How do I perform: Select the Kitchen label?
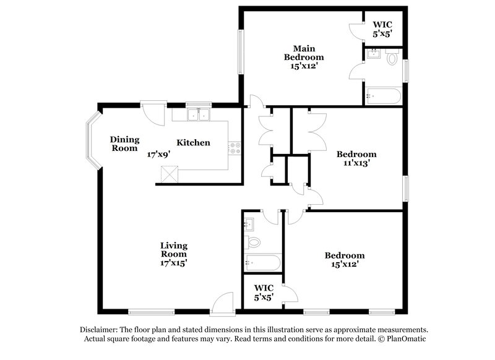coord(193,143)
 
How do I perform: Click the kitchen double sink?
coord(199,114)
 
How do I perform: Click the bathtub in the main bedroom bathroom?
coord(382,96)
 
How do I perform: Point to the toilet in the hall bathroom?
coord(254,241)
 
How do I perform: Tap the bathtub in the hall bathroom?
coord(262,262)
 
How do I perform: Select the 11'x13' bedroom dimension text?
coord(356,164)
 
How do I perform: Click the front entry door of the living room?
coord(222,304)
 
